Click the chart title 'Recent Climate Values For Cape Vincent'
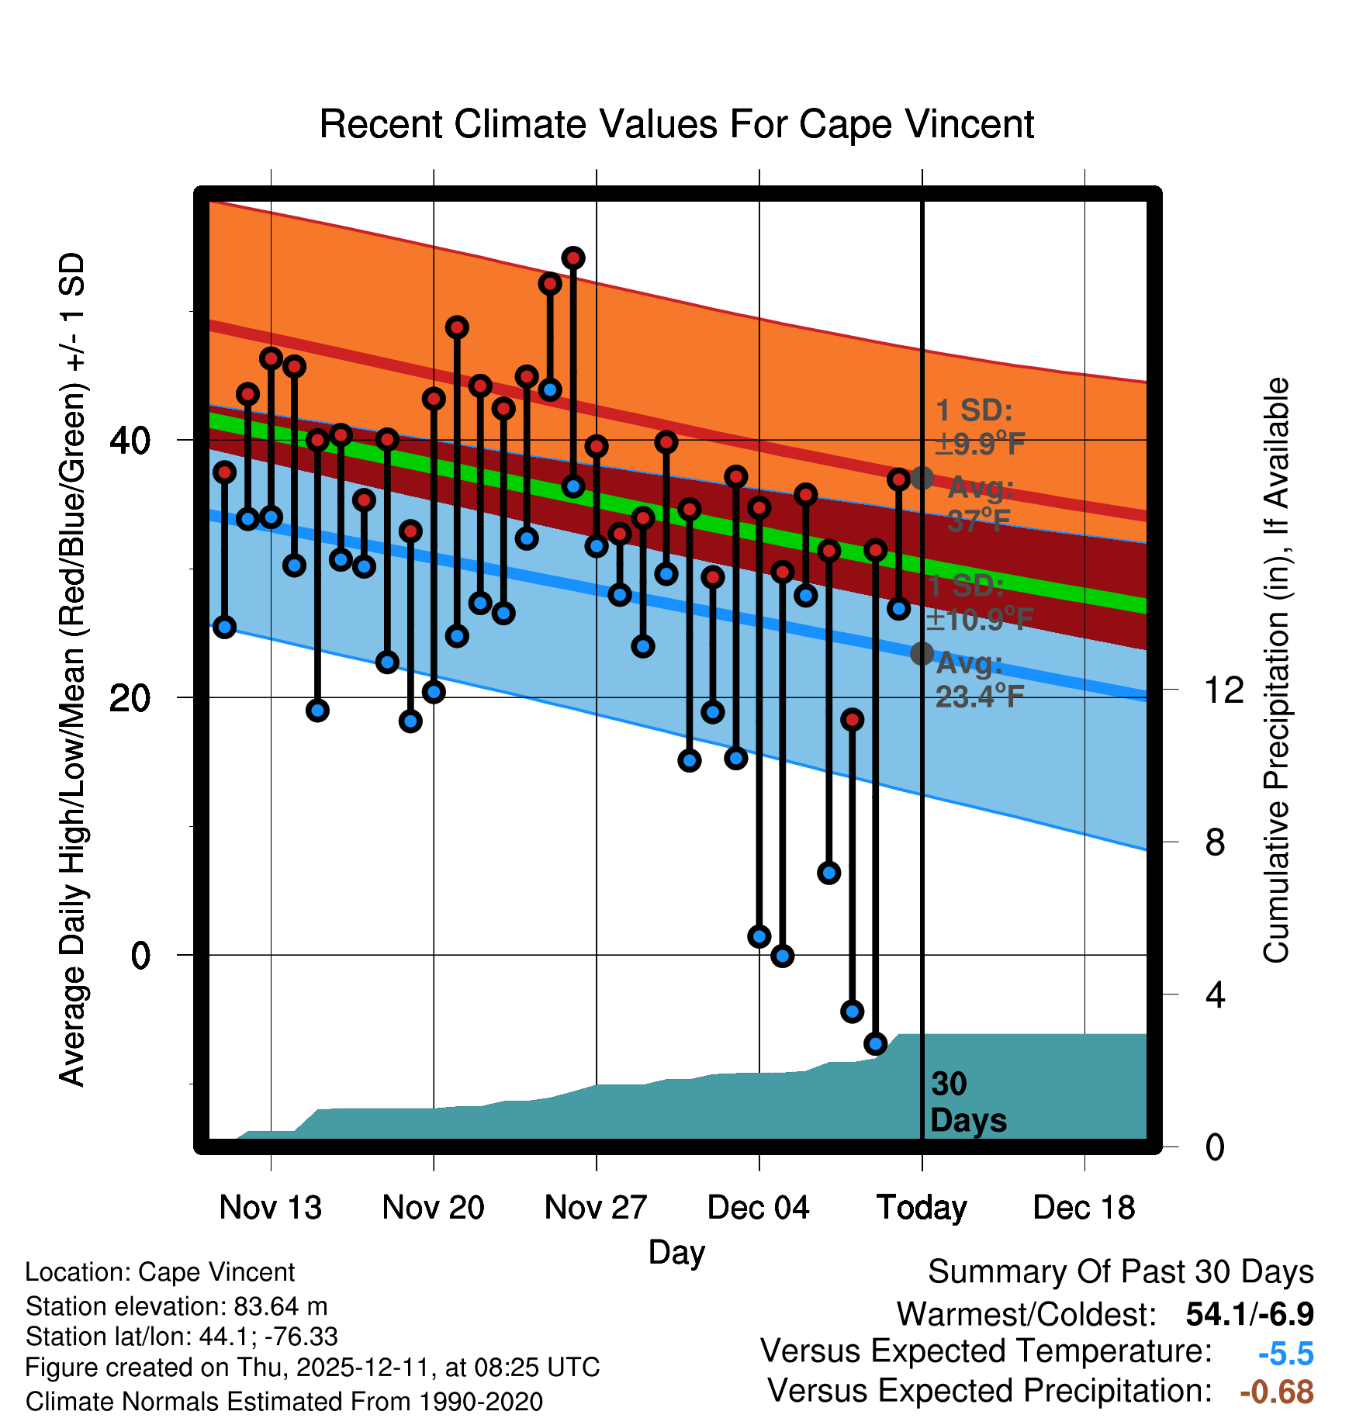676,124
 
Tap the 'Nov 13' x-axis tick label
270,1207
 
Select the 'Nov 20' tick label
433,1207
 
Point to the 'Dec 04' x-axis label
758,1207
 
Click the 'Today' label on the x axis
922,1207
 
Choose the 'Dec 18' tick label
1084,1207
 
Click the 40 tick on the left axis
130,441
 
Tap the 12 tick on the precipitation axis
1223,690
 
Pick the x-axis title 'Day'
676,1252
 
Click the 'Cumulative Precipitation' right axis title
1276,671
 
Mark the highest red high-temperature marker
573,258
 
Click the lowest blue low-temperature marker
876,1044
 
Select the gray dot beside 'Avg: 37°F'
922,478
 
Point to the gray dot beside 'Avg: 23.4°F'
922,654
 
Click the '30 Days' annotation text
967,1102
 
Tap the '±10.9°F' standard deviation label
979,619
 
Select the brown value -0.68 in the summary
1277,1392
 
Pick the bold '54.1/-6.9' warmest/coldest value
1250,1314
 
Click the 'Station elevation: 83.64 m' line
176,1306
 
